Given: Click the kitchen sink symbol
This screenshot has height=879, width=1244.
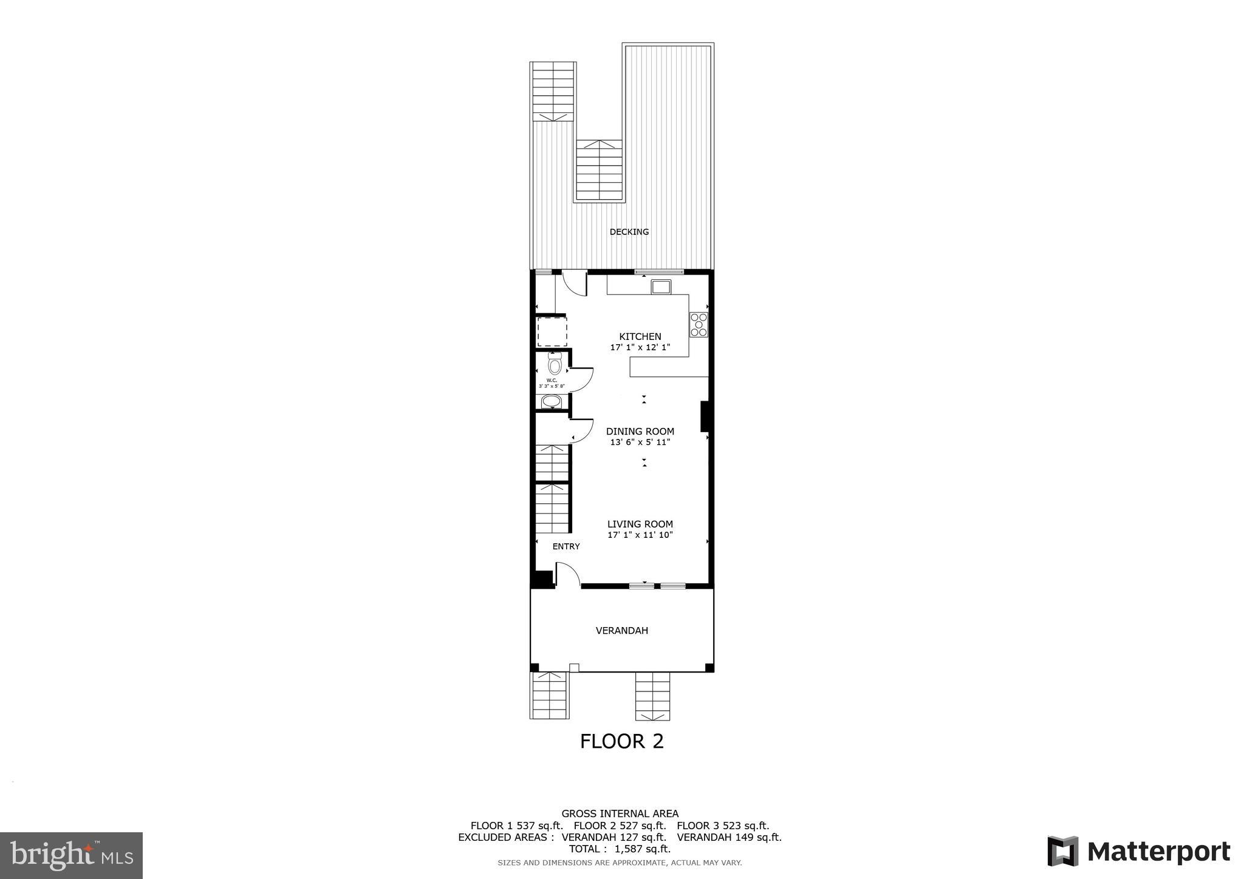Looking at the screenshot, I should pyautogui.click(x=661, y=287).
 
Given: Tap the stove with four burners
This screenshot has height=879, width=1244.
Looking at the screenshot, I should pyautogui.click(x=699, y=325).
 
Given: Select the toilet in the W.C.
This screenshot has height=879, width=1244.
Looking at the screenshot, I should pyautogui.click(x=554, y=364).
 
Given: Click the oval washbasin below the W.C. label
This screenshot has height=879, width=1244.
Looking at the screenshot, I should pyautogui.click(x=552, y=401).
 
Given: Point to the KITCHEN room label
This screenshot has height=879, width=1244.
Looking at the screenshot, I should pyautogui.click(x=640, y=336).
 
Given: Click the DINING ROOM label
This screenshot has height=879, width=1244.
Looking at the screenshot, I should pyautogui.click(x=640, y=432).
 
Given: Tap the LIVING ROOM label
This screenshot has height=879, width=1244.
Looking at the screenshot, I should pyautogui.click(x=640, y=524).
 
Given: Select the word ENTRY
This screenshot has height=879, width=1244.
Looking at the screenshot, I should pyautogui.click(x=566, y=546).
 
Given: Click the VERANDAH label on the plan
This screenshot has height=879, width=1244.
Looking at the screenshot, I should pyautogui.click(x=621, y=631).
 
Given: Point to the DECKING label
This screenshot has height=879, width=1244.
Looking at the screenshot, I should pyautogui.click(x=629, y=232).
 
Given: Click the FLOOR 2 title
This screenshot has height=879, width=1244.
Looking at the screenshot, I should pyautogui.click(x=621, y=741).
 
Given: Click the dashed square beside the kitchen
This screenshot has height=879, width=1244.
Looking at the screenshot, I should pyautogui.click(x=552, y=331).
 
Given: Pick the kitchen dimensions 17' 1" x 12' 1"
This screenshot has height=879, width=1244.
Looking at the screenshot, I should pyautogui.click(x=640, y=348).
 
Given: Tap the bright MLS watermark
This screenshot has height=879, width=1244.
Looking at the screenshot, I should pyautogui.click(x=72, y=855).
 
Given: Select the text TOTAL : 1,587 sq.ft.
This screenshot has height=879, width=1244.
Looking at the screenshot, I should pyautogui.click(x=620, y=849).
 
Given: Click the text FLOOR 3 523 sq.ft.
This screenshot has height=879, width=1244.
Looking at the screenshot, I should pyautogui.click(x=723, y=826).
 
